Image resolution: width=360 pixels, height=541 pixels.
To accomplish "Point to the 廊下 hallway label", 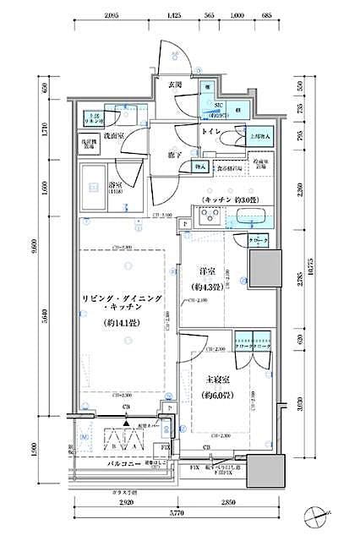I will click(174, 155).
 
